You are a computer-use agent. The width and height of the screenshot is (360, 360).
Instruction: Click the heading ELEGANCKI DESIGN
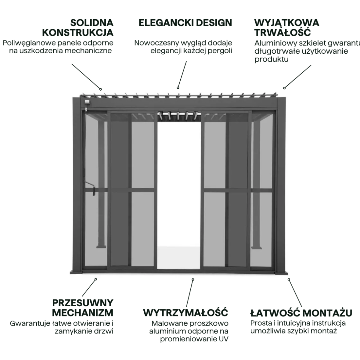tap(185, 23)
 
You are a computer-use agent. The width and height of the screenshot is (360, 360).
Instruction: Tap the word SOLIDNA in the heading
tap(92, 23)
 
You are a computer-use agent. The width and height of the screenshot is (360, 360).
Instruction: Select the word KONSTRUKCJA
tap(78, 32)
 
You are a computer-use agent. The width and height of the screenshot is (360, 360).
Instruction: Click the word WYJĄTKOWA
tap(286, 23)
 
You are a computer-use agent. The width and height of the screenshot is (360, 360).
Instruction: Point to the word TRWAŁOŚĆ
tap(282, 32)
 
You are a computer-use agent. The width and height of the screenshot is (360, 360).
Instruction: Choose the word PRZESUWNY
tap(83, 303)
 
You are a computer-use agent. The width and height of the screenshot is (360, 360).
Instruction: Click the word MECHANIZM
tap(83, 313)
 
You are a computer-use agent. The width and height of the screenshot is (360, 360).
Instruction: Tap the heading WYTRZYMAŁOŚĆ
tap(186, 313)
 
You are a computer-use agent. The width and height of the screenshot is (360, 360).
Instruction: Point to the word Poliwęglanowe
tap(27, 43)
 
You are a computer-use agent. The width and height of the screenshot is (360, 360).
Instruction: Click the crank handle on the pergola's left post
tap(93, 189)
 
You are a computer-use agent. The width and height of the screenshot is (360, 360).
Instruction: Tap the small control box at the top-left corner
tap(86, 102)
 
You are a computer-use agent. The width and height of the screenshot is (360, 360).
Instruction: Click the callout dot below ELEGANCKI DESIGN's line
tap(178, 88)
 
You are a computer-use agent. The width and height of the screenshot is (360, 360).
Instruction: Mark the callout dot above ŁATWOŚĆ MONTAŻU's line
tap(289, 279)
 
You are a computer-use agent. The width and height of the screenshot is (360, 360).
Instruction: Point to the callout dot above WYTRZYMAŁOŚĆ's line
tap(193, 279)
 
